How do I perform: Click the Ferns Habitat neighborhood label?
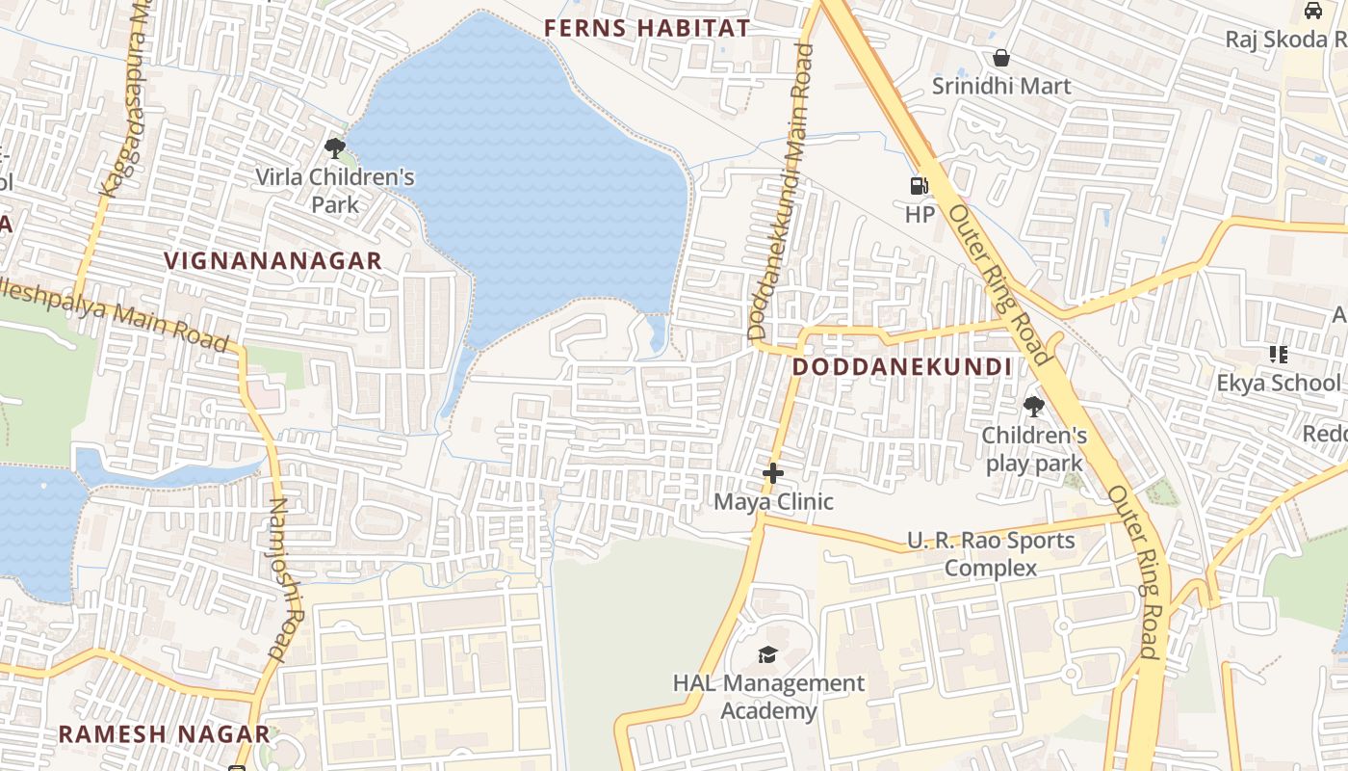[646, 28]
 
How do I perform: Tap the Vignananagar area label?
[273, 260]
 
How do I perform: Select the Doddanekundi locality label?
[902, 367]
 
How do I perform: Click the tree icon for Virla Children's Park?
[335, 148]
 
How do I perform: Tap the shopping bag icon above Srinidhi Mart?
[1001, 58]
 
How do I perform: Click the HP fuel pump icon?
[920, 186]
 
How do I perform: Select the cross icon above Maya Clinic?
[772, 473]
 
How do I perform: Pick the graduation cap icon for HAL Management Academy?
[767, 655]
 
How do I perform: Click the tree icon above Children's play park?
[1034, 407]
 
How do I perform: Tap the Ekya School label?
[1278, 383]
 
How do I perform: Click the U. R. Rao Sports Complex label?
[991, 554]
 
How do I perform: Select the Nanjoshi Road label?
[279, 578]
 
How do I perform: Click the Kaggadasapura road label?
[127, 96]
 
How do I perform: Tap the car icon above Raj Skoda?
[1312, 11]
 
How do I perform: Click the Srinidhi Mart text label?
[1001, 86]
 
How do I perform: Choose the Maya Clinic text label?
[773, 502]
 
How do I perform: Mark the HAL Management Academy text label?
[768, 697]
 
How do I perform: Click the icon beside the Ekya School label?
[1279, 355]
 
